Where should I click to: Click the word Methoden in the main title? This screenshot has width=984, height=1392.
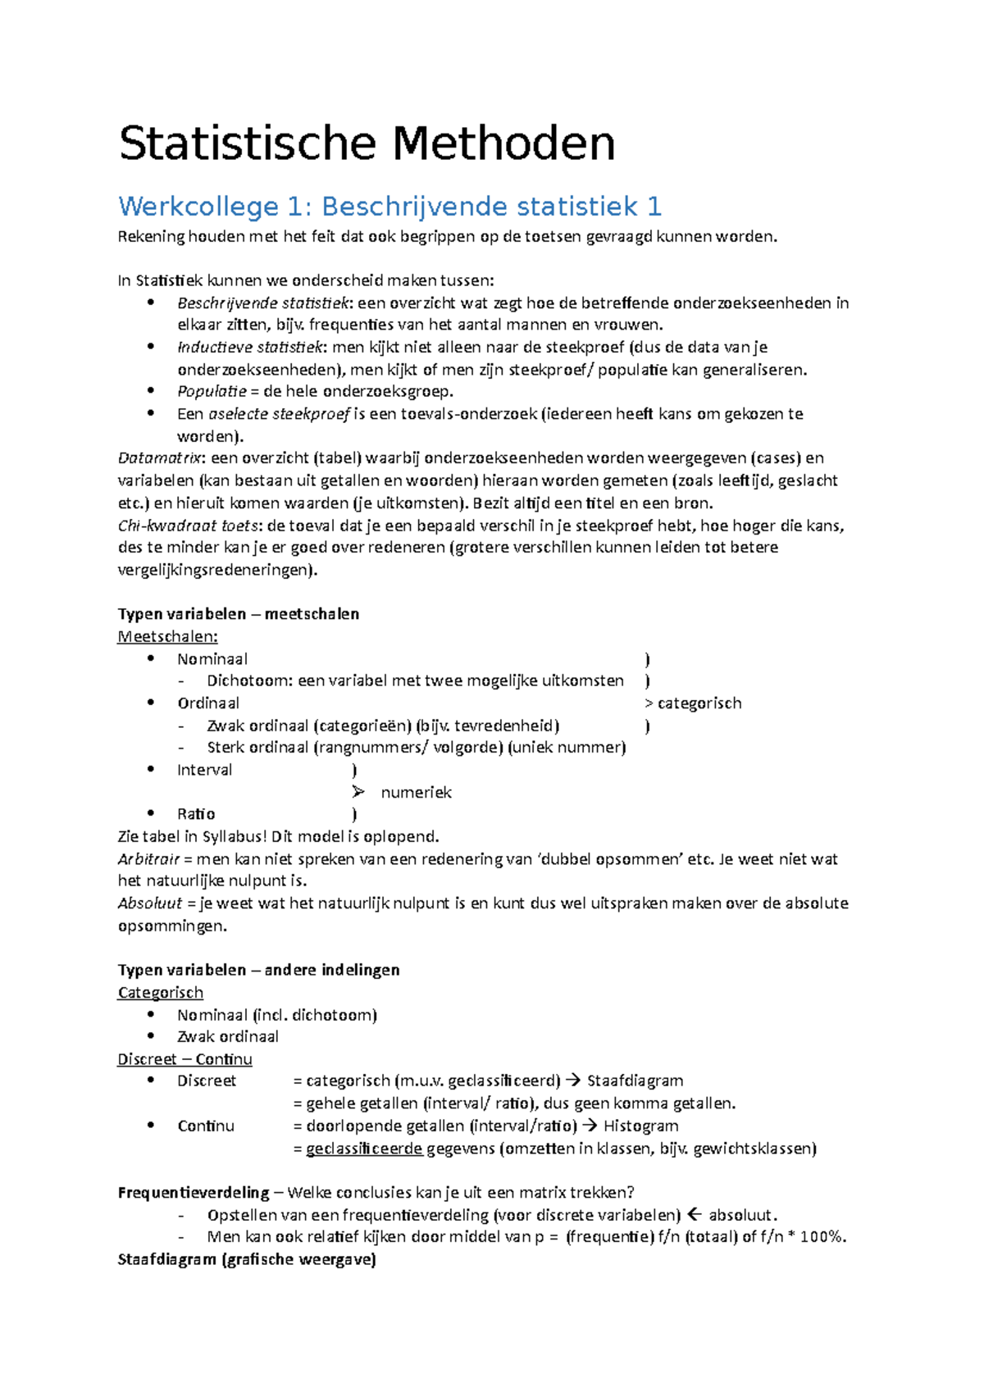point(503,143)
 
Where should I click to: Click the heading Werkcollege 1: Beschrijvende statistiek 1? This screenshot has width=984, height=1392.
point(389,206)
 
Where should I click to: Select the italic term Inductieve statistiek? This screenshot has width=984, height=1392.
point(251,347)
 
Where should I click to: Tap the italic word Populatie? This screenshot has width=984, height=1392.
point(212,391)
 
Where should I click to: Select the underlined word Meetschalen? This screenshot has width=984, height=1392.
point(168,637)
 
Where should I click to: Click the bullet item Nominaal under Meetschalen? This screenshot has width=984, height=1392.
point(212,659)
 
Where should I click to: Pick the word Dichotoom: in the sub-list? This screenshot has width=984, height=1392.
point(250,681)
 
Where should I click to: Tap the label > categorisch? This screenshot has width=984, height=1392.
point(693,703)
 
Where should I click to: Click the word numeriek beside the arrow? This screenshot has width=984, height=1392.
point(416,793)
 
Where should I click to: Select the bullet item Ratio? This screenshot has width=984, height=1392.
point(196,814)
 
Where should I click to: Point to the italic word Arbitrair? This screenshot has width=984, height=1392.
point(148,859)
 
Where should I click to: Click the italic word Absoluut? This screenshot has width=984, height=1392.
point(150,903)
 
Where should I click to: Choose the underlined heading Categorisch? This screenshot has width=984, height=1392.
point(161,993)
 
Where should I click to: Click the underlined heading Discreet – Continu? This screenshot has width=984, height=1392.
point(184,1059)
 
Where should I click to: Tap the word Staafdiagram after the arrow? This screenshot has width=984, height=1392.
point(635,1081)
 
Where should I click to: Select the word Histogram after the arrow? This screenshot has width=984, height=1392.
point(640,1126)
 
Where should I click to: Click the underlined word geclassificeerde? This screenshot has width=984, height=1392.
point(364,1149)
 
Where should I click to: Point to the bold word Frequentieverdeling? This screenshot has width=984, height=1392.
point(194,1193)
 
